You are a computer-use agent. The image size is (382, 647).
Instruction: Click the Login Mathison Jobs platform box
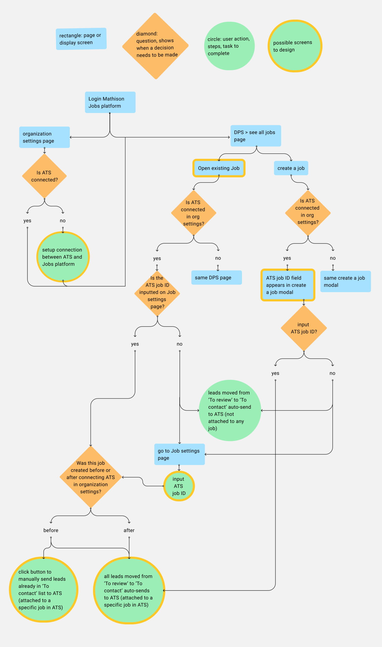[110, 102]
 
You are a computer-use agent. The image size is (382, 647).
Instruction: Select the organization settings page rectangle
[44, 137]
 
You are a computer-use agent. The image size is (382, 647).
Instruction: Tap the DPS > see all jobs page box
[256, 136]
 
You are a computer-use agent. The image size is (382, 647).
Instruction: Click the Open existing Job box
[219, 168]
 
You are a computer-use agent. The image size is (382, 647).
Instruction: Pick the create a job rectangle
[291, 168]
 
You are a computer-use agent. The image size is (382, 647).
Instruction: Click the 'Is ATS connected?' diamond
[44, 176]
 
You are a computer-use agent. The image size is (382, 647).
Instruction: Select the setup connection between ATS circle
[63, 257]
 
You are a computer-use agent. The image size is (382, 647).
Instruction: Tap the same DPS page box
[217, 278]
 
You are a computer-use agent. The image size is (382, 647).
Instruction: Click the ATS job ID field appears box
[288, 285]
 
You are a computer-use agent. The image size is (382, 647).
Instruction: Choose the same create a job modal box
[345, 281]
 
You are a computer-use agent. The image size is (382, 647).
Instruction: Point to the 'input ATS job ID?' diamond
[304, 328]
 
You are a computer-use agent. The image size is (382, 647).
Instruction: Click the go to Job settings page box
[179, 454]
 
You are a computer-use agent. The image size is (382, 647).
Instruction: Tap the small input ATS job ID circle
[179, 486]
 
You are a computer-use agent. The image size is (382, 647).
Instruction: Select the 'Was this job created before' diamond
[91, 477]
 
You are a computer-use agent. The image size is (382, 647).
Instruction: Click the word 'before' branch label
[51, 530]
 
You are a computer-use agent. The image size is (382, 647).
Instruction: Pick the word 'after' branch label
[129, 530]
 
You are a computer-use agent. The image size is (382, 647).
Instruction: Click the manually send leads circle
[44, 589]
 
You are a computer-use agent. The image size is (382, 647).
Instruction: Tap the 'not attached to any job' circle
[230, 410]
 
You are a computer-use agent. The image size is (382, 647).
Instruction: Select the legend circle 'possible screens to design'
[295, 46]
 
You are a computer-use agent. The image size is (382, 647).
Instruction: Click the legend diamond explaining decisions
[155, 46]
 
